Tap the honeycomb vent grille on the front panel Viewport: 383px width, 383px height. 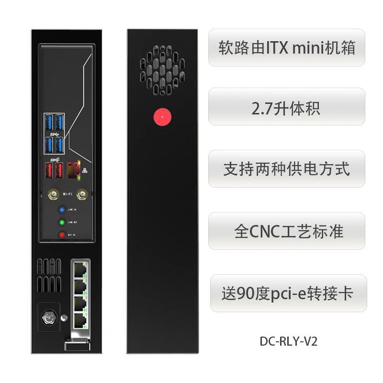tap(162, 68)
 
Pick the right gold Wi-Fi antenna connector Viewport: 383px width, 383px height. tap(84, 194)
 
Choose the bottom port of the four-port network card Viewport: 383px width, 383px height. tap(80, 317)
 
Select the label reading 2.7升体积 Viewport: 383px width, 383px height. tap(286, 108)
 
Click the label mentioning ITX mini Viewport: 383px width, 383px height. tap(287, 48)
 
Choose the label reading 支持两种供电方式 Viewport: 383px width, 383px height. tap(286, 169)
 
